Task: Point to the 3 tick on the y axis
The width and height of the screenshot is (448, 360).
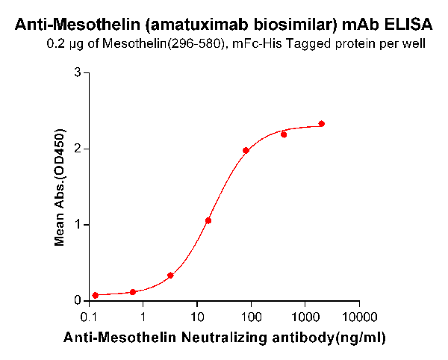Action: [x=77, y=72]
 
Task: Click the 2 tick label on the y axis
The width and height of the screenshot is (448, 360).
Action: [x=77, y=149]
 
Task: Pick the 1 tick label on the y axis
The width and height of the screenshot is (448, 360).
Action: [x=77, y=225]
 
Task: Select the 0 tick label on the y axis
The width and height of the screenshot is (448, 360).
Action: [x=77, y=300]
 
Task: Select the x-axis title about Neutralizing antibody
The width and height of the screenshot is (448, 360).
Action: [x=225, y=338]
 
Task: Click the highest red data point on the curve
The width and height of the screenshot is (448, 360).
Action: [x=322, y=124]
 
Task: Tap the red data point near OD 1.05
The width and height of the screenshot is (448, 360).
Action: [x=208, y=220]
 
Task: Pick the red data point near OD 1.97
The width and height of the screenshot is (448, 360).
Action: [x=246, y=150]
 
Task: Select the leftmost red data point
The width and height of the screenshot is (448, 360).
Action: [x=96, y=295]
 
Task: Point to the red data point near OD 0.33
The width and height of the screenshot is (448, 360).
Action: [x=170, y=275]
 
